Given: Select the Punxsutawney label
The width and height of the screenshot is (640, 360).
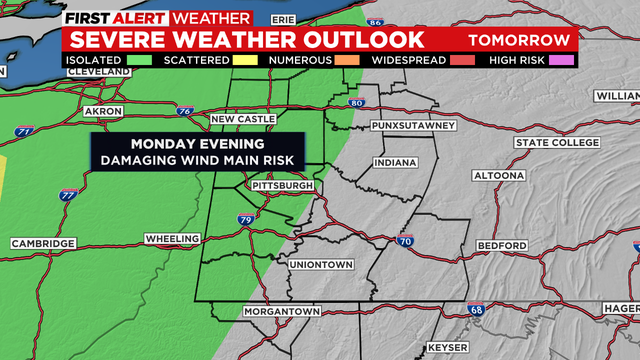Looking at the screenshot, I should point(413,125).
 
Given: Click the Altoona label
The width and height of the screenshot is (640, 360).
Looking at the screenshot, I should point(497,175).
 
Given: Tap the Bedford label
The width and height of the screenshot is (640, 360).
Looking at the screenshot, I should point(501,246).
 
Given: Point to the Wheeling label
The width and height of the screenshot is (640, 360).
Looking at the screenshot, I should point(172,239).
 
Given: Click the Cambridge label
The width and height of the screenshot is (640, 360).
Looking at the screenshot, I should point(43,244).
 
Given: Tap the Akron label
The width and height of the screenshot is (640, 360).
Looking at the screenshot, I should point(102,110).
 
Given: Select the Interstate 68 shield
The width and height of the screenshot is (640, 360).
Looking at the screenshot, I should point(479,313).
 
